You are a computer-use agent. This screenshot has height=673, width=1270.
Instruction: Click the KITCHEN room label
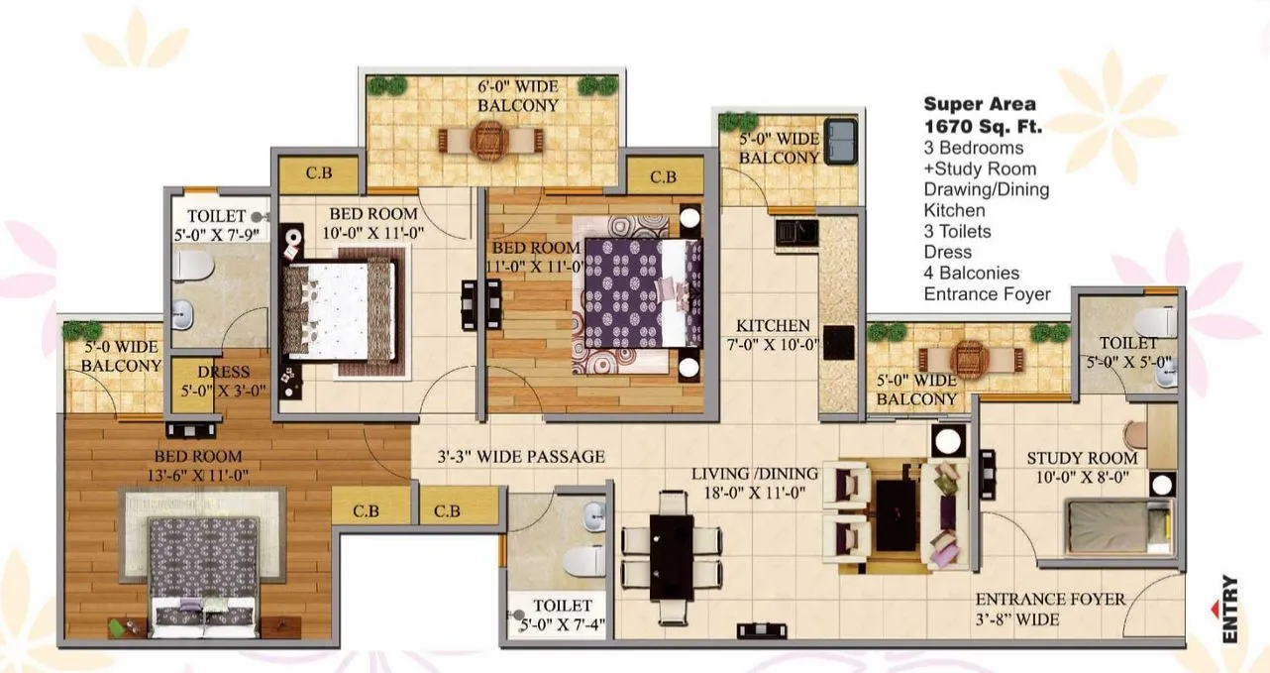[x=773, y=325]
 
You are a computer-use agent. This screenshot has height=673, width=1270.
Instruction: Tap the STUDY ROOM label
[x=1082, y=458]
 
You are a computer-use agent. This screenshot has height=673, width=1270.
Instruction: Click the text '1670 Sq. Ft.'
[x=983, y=126]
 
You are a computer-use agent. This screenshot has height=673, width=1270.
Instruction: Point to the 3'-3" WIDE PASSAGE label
[x=521, y=457]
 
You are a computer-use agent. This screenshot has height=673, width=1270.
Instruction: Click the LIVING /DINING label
[x=755, y=473]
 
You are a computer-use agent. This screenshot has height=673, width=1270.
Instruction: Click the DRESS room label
[x=223, y=373]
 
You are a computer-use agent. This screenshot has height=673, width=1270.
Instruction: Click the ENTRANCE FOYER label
[x=1050, y=600]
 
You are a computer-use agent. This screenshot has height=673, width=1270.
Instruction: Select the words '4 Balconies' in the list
[x=971, y=273]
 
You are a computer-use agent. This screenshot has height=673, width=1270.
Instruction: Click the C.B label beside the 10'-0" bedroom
[x=318, y=173]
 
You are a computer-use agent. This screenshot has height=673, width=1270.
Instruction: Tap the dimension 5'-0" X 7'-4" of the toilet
[x=562, y=625]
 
